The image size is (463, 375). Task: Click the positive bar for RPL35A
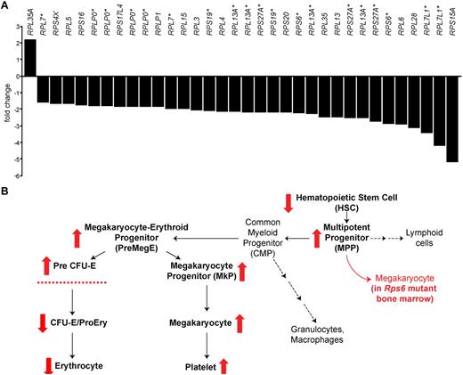pos(30,56)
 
